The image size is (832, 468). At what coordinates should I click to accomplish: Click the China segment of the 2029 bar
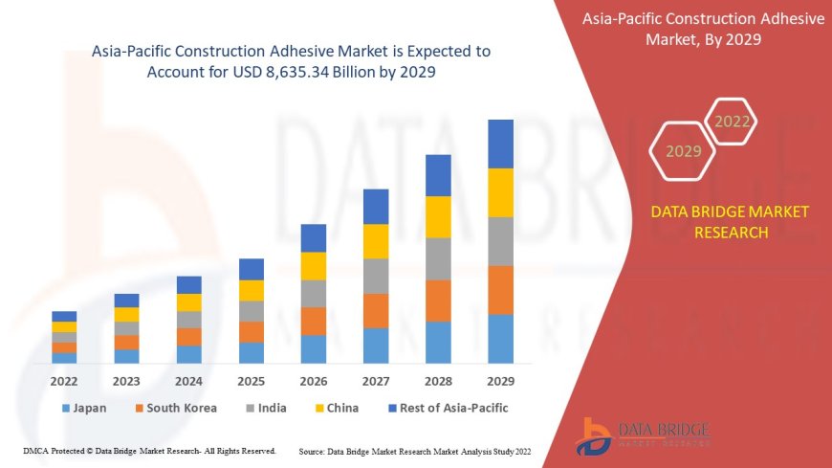tap(500, 192)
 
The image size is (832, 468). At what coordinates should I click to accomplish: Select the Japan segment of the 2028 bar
tap(438, 343)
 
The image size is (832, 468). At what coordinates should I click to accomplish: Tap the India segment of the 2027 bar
tap(376, 276)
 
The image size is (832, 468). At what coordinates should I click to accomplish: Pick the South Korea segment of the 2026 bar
tap(314, 321)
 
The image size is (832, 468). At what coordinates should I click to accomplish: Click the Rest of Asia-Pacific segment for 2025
tap(252, 269)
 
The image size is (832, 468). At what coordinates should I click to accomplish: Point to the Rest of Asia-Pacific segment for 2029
tap(500, 144)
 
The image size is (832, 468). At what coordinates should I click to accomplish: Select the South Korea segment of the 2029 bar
tap(500, 290)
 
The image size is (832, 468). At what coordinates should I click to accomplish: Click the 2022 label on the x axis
tap(64, 380)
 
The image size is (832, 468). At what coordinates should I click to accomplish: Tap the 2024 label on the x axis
tap(189, 380)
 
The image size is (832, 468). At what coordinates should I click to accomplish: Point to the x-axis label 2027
tap(376, 380)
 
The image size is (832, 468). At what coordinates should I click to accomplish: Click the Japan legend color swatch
tap(66, 409)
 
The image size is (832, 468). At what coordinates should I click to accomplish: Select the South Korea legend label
tap(182, 408)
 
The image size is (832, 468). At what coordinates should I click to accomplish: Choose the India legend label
tap(272, 408)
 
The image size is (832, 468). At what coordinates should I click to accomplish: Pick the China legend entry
tap(342, 408)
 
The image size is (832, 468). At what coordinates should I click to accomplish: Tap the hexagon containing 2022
tap(733, 122)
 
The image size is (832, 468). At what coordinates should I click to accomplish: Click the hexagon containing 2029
tap(683, 151)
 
